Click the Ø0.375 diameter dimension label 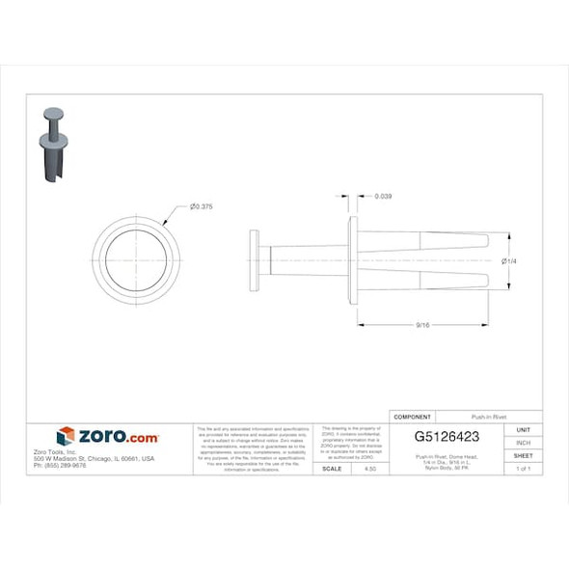[202, 207]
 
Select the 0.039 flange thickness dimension [382, 197]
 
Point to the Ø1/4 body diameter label [510, 260]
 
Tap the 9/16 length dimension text [422, 326]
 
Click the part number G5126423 [447, 436]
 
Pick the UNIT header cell [524, 429]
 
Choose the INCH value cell [524, 443]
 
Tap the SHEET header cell [524, 455]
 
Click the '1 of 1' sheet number [524, 468]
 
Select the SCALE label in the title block [332, 468]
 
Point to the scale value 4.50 [369, 468]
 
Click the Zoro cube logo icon [66, 437]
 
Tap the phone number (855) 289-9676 [60, 465]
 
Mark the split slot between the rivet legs [434, 260]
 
